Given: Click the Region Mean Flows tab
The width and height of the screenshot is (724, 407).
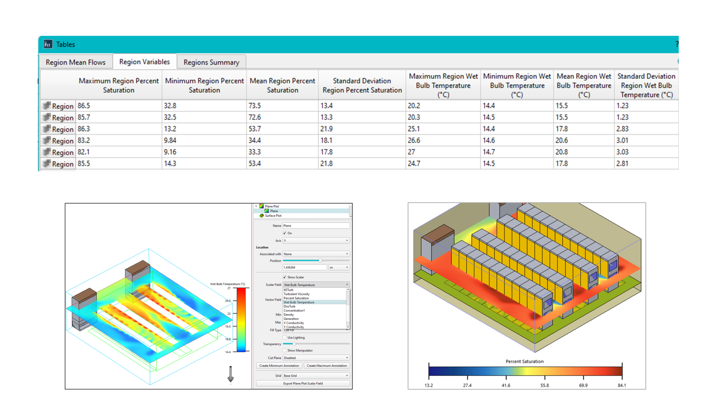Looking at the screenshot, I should pyautogui.click(x=75, y=62).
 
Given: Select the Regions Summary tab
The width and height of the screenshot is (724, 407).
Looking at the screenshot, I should pyautogui.click(x=211, y=62).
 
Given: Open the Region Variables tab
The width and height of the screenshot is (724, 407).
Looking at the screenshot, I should pyautogui.click(x=144, y=62).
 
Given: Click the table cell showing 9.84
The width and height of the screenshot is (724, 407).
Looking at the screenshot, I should pyautogui.click(x=170, y=140).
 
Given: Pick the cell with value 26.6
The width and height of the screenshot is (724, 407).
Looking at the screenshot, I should pyautogui.click(x=414, y=140).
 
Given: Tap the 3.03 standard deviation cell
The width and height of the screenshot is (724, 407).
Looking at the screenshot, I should pyautogui.click(x=623, y=152).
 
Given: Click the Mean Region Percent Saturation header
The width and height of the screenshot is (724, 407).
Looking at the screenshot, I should pyautogui.click(x=282, y=85).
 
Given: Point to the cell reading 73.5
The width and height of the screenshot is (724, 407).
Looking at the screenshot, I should pyautogui.click(x=255, y=106).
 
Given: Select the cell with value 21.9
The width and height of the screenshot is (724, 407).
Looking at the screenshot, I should pyautogui.click(x=326, y=129).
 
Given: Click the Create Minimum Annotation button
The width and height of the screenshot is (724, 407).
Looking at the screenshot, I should pyautogui.click(x=279, y=366).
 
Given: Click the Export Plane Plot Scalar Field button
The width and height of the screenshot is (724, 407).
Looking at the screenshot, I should pyautogui.click(x=303, y=383).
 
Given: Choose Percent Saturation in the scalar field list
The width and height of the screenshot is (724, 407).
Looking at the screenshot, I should pyautogui.click(x=296, y=298).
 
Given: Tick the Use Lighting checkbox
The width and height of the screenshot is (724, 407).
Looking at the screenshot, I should pyautogui.click(x=285, y=337).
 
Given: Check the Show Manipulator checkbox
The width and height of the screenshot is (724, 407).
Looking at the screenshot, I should pyautogui.click(x=285, y=350).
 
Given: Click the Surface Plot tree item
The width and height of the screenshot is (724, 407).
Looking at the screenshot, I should pyautogui.click(x=273, y=216).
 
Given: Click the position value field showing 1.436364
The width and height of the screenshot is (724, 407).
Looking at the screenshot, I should pyautogui.click(x=304, y=267).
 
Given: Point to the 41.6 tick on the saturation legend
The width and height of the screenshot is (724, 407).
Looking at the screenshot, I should pyautogui.click(x=506, y=385).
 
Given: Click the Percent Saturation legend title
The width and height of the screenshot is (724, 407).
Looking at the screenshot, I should pyautogui.click(x=524, y=361).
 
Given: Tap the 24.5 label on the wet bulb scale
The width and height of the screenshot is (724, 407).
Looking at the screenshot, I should pyautogui.click(x=228, y=301).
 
